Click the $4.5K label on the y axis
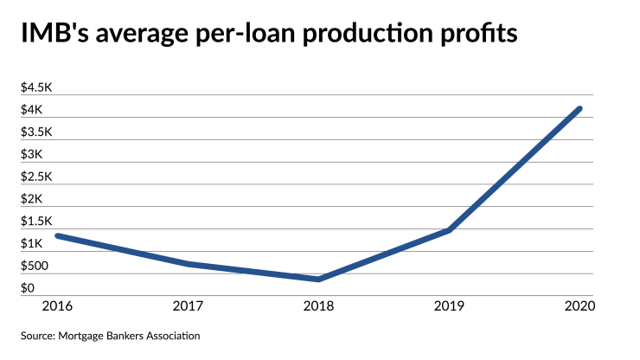[35, 88]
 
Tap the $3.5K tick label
[35, 132]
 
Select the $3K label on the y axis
[30, 154]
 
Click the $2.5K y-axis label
[35, 177]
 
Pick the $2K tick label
[30, 199]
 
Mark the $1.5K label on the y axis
[35, 222]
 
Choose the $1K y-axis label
[30, 243]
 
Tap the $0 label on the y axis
[28, 288]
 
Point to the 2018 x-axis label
[318, 305]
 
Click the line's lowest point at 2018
[319, 279]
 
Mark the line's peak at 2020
[579, 109]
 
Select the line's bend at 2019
[450, 230]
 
